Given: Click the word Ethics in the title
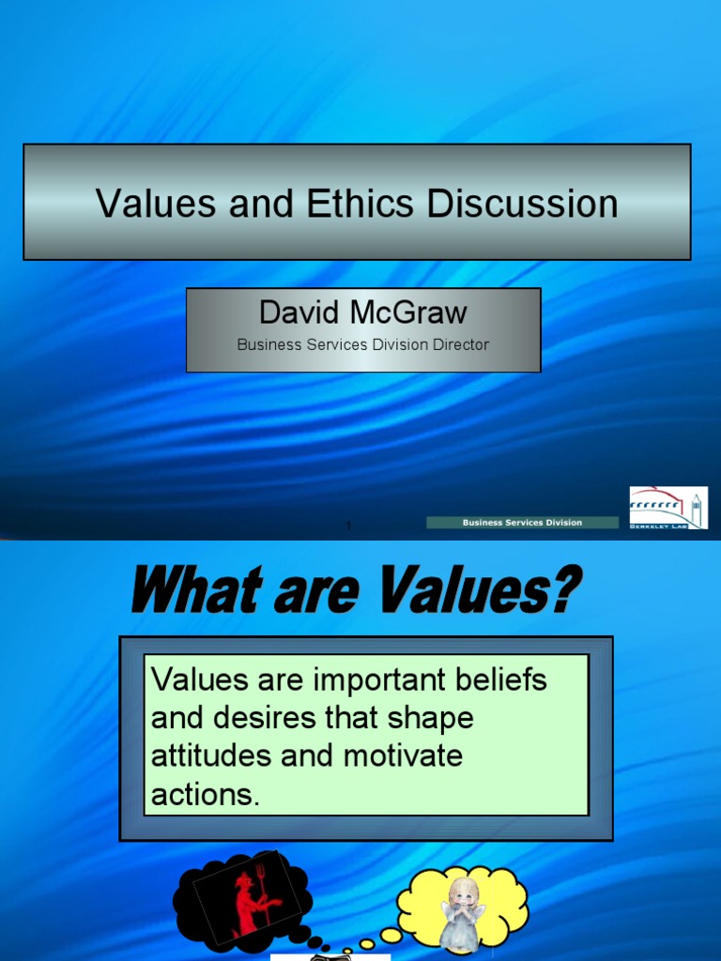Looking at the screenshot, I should coord(365,204).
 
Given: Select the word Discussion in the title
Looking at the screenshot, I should coord(524,204).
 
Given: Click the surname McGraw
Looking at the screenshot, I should coord(409,313).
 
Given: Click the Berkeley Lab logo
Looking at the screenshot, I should coord(668,508).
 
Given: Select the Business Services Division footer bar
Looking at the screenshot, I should coord(522,523).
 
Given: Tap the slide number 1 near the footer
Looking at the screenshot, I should coord(348,526).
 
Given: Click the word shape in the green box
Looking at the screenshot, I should coord(430,718).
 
